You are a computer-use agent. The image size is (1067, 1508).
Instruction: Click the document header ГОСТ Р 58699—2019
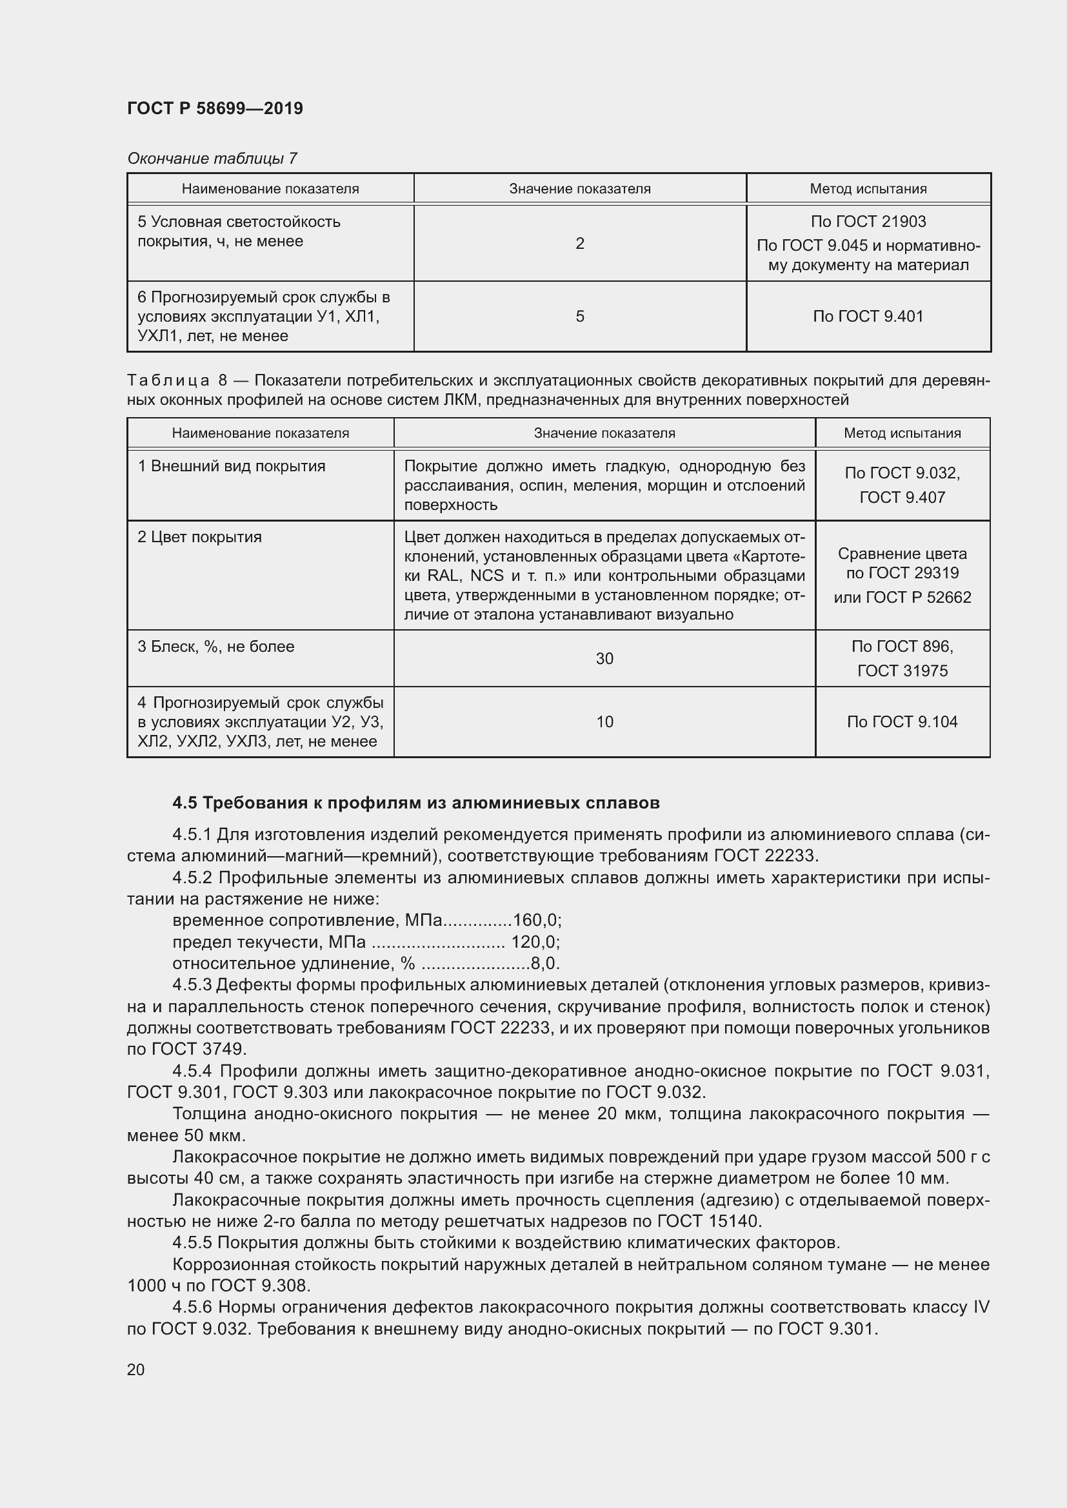coord(215,108)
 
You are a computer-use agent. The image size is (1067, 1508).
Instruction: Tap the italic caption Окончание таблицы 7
coord(212,159)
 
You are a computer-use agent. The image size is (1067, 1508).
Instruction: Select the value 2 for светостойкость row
coord(579,244)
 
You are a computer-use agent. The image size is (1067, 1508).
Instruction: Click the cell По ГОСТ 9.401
coord(868,317)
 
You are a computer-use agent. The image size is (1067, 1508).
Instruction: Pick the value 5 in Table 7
coord(579,317)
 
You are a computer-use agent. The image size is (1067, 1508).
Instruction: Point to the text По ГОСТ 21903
coord(868,222)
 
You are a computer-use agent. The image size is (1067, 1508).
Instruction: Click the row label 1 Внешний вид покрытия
coord(232,466)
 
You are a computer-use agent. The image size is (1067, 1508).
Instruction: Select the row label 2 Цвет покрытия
coord(200,537)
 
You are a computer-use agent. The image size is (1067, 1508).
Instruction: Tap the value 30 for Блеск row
coord(604,659)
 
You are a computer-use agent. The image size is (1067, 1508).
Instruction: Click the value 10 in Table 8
coord(604,722)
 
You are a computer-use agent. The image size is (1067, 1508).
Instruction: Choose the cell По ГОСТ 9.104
coord(902,722)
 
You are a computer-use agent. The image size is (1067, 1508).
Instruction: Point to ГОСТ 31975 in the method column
coord(902,671)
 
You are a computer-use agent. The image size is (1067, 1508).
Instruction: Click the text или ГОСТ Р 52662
coord(902,597)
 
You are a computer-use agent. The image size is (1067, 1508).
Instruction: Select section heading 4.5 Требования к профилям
coord(416,803)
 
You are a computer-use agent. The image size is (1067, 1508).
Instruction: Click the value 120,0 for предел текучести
coord(535,942)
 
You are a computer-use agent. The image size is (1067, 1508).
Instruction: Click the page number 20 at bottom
coord(136,1370)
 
